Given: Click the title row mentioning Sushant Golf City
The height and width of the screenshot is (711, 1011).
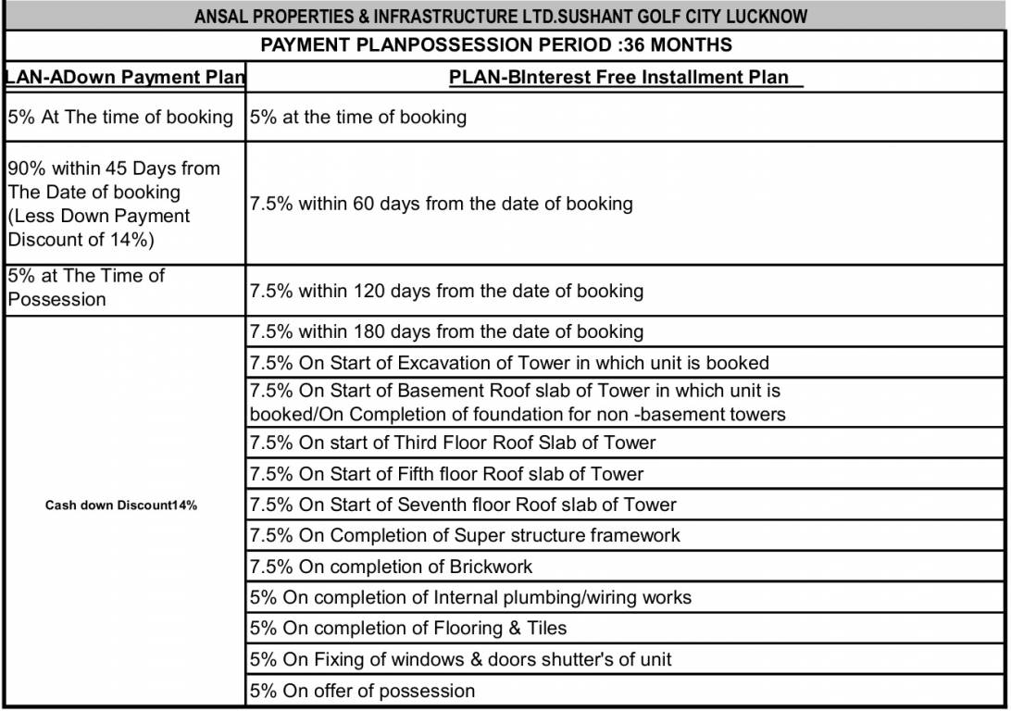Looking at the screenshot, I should pos(501,17).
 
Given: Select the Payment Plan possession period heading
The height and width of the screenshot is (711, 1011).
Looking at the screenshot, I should pos(496,44).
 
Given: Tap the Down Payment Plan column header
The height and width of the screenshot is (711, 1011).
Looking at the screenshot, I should pos(125,77).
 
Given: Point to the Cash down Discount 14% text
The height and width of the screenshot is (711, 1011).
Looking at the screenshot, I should pos(121,505).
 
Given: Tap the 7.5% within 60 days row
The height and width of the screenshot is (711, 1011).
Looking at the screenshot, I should pos(442,204).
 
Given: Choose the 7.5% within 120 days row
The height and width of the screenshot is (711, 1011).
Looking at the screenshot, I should pos(446,291).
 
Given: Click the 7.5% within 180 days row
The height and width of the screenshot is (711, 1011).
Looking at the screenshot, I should pos(446,331).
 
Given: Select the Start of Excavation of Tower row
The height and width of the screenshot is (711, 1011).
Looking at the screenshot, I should pos(509,363).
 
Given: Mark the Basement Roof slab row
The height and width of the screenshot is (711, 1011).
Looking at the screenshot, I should pos(517,403).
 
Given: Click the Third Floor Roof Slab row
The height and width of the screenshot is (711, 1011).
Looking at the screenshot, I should pos(453,443).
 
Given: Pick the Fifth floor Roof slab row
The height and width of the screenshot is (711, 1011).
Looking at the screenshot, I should pos(446,474).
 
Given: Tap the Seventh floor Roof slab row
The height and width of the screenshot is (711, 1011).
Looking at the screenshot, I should pos(463,505).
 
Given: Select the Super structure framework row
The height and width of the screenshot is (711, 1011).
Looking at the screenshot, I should pos(465,536).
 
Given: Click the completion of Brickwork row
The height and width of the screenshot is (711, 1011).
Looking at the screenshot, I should pos(392,567).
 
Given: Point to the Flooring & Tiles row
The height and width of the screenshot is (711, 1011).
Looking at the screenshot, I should pos(408,629).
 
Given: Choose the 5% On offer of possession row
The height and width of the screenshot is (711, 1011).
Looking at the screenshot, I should pos(363,691).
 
